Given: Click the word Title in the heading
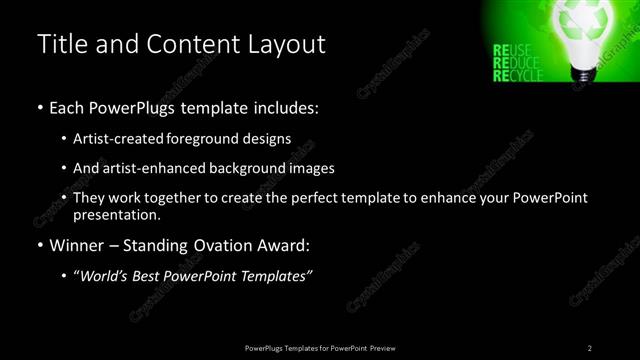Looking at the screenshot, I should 59,45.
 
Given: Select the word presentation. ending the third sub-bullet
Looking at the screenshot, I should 116,214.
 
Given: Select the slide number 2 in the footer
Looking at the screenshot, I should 590,347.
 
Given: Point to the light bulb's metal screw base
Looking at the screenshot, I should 581,74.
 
